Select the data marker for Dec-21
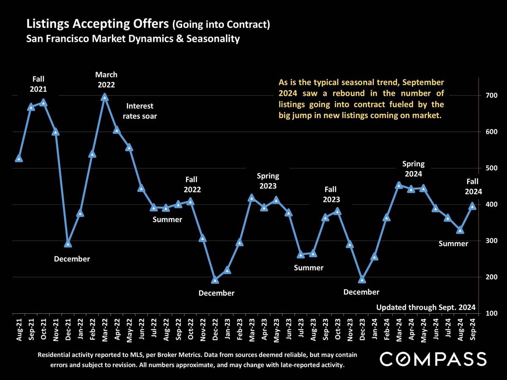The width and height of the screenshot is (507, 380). [x=68, y=244]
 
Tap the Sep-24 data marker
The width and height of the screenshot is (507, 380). [x=473, y=206]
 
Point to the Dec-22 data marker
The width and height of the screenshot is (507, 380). [x=215, y=280]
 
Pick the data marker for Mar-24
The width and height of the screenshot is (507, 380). [x=399, y=185]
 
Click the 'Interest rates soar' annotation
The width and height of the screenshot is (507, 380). [x=140, y=111]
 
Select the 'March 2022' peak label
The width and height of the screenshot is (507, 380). [x=106, y=79]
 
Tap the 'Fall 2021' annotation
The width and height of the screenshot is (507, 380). [x=38, y=84]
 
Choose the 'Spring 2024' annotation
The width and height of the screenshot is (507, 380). [x=413, y=168]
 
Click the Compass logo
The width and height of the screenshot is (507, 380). [x=433, y=359]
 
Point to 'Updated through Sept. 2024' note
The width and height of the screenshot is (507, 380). [x=426, y=307]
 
